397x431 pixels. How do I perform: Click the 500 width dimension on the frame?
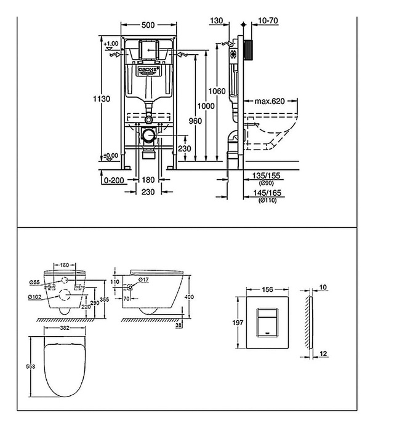tap(146, 26)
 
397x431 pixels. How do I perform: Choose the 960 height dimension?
tap(195, 121)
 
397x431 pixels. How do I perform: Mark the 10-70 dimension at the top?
tap(268, 20)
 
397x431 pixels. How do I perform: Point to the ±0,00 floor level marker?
tap(111, 155)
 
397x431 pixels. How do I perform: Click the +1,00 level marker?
tap(111, 44)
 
